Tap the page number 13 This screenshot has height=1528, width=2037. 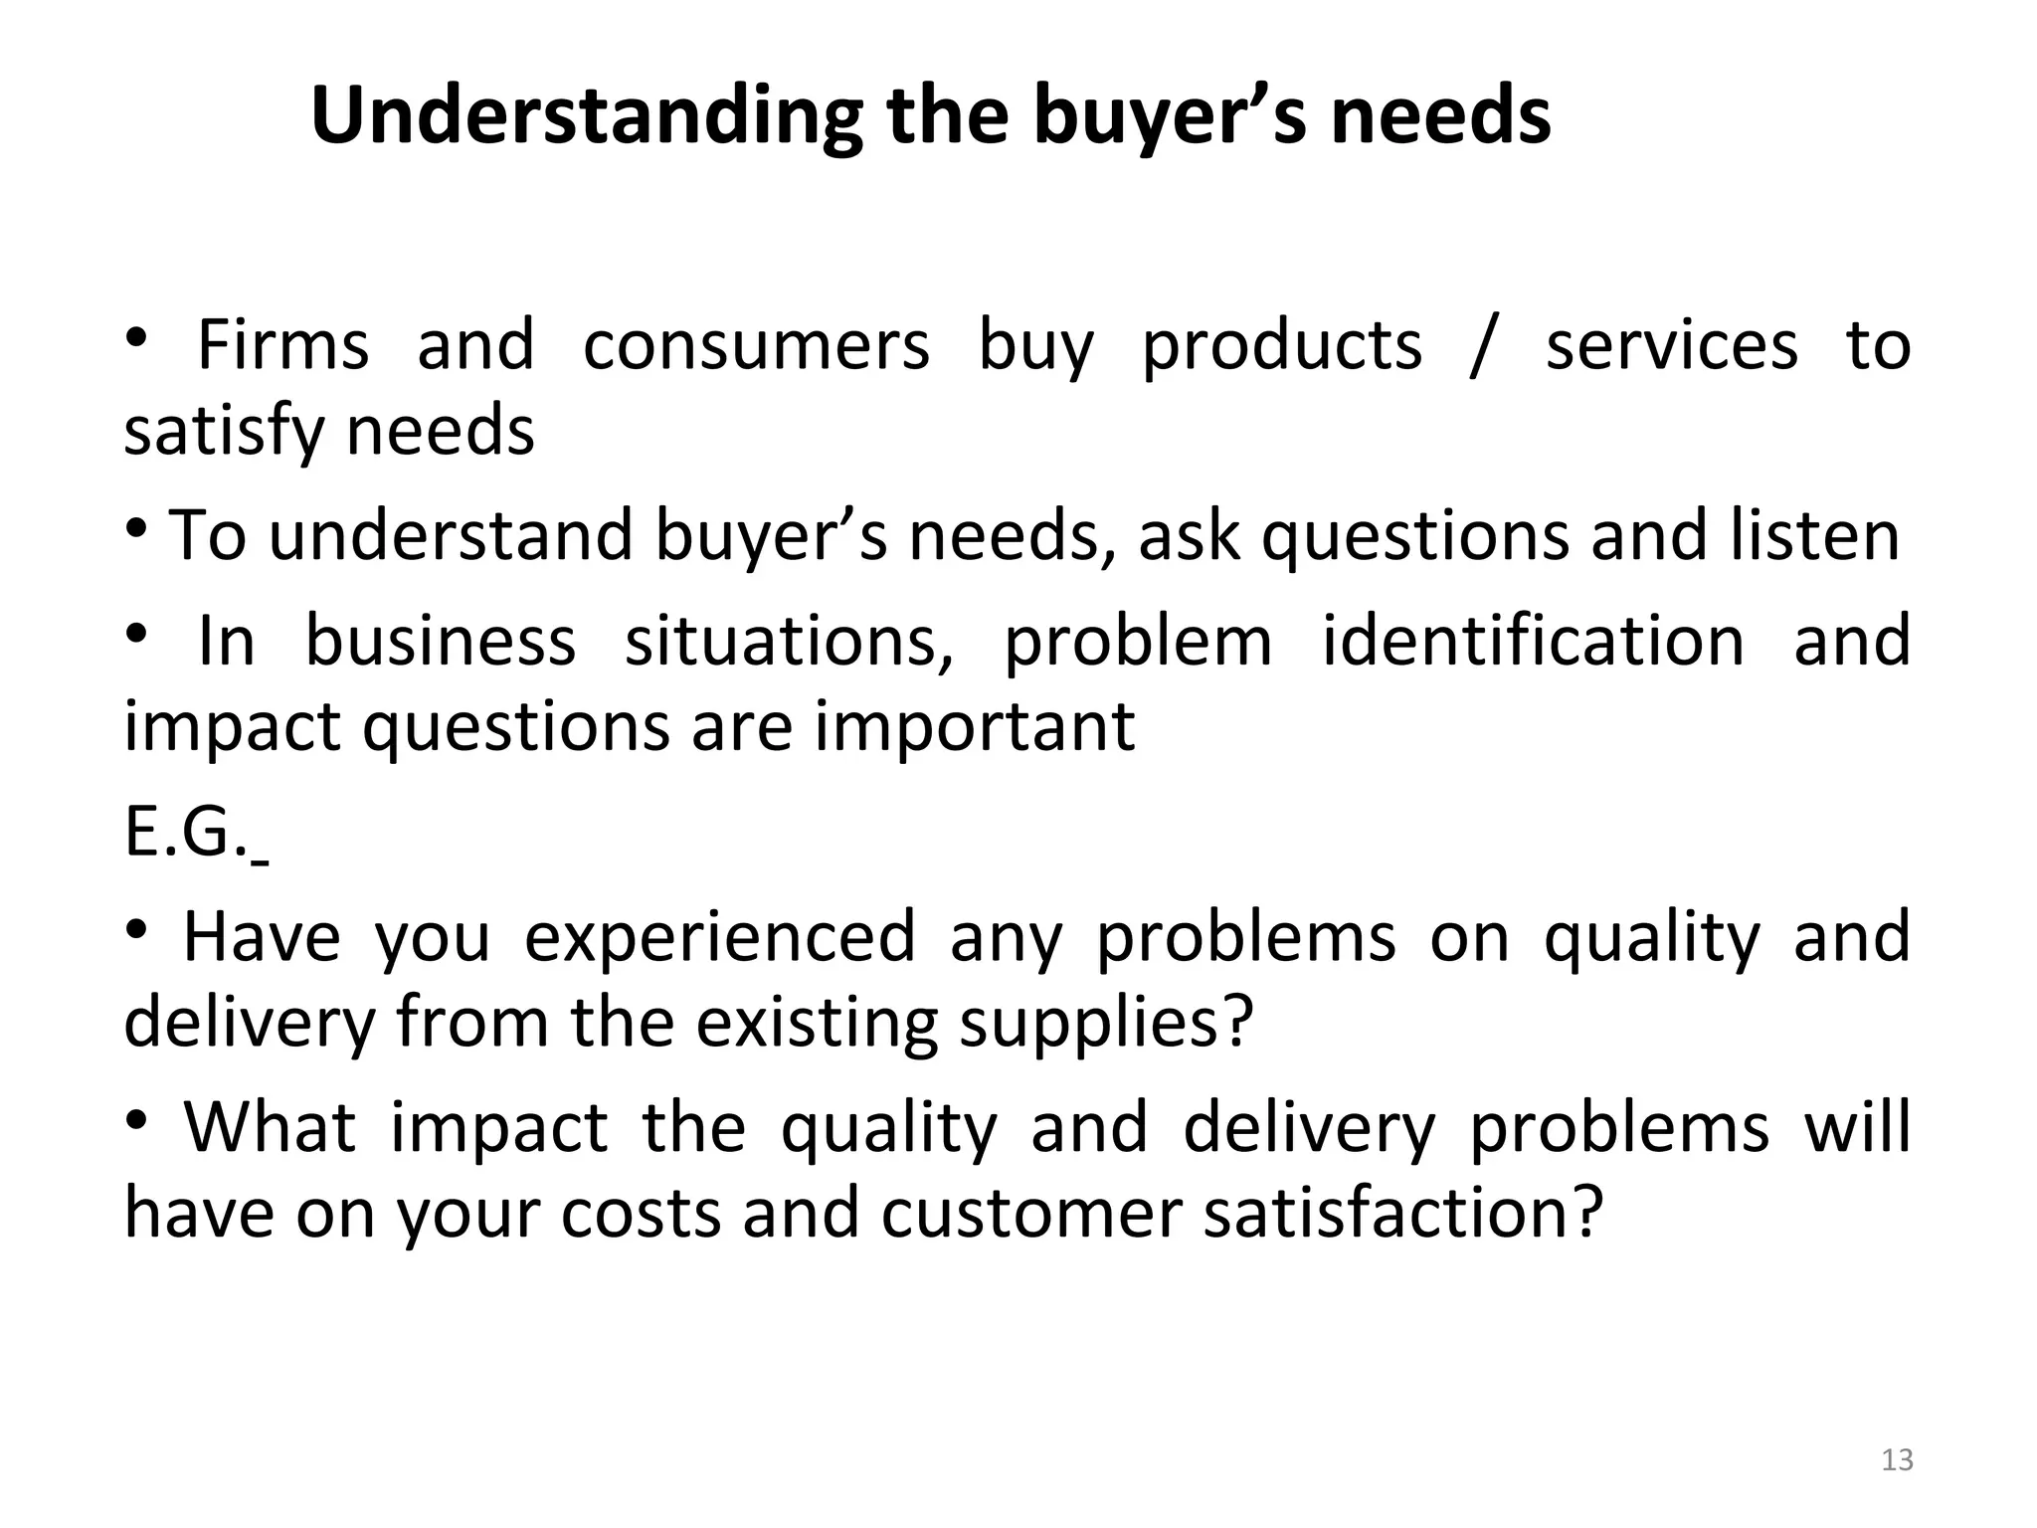1898,1460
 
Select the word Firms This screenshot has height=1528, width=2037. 283,345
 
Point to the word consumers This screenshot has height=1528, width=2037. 756,345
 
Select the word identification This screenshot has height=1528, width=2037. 1533,640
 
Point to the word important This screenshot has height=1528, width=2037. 975,726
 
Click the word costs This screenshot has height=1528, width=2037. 641,1214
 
